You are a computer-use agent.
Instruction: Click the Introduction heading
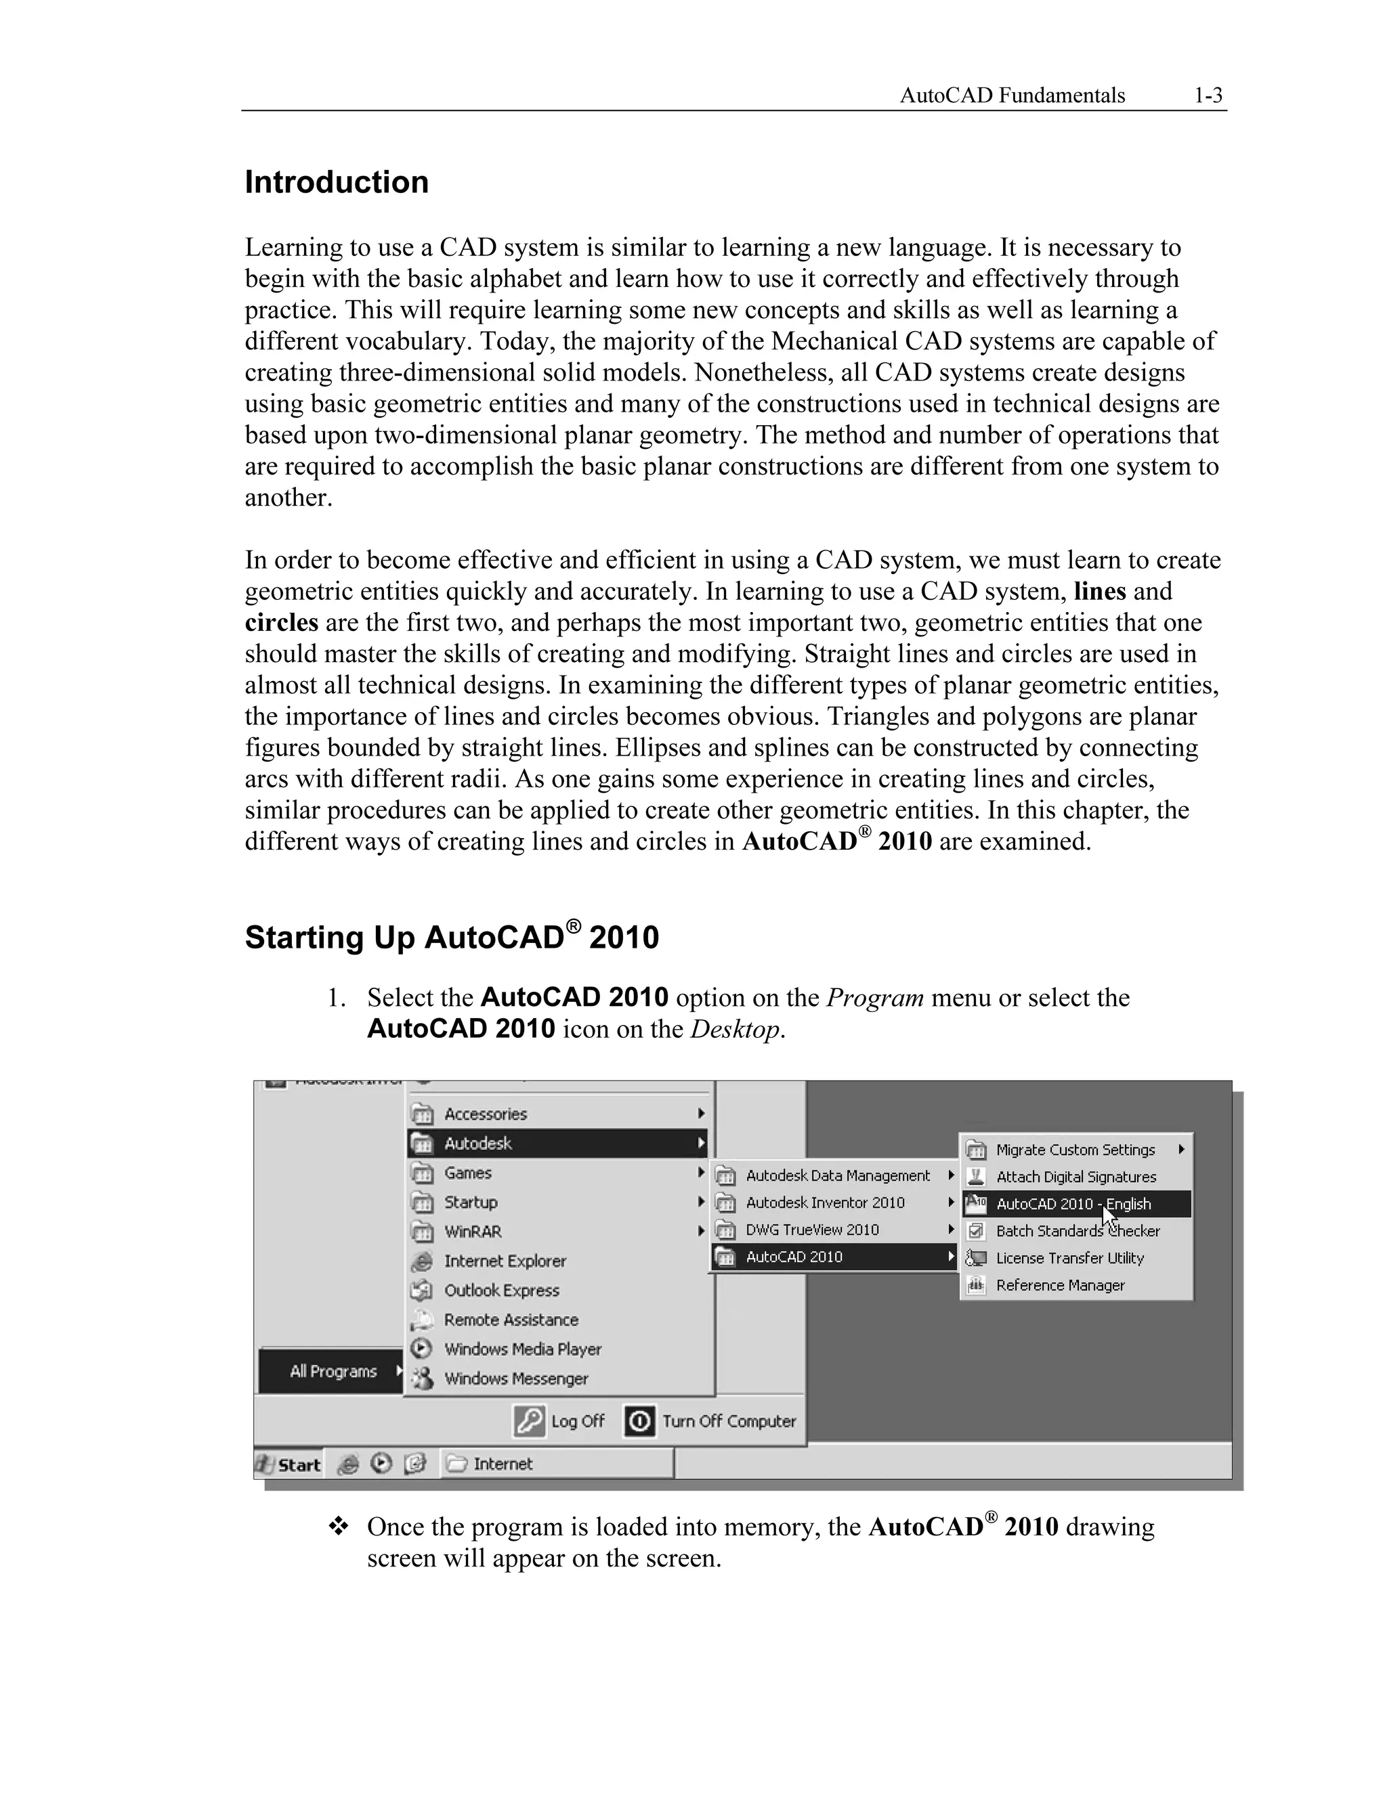point(336,182)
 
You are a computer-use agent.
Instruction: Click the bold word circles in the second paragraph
point(281,623)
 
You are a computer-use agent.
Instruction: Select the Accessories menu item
point(485,1114)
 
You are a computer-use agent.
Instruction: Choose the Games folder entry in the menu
point(467,1173)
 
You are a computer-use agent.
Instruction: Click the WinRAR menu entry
point(473,1231)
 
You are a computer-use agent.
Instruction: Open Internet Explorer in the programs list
point(505,1261)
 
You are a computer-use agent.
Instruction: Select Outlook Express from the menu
point(501,1290)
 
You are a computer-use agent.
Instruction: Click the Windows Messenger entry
point(516,1378)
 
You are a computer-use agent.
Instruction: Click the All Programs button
point(333,1371)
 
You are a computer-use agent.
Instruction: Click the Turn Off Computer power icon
point(640,1421)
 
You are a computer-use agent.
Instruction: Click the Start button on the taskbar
point(289,1464)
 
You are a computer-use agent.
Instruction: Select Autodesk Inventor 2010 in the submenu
point(824,1202)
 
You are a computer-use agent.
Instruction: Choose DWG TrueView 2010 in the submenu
point(812,1229)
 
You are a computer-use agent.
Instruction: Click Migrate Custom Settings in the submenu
point(1075,1150)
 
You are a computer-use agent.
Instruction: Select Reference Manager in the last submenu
point(1060,1285)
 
